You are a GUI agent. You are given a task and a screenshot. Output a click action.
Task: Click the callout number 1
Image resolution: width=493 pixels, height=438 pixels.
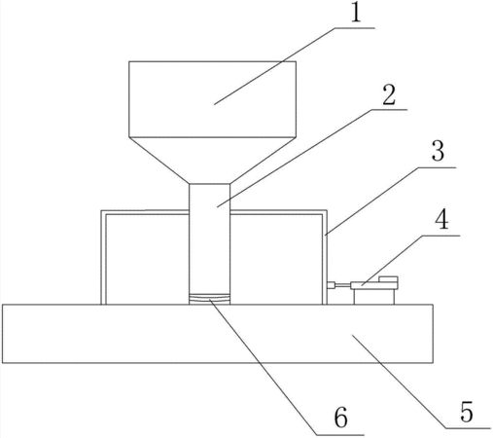tap(356, 14)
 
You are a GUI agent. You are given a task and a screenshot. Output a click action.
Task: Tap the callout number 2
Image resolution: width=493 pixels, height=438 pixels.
tap(389, 95)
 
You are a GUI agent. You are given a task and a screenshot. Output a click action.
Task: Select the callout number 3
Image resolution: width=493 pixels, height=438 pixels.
tap(438, 151)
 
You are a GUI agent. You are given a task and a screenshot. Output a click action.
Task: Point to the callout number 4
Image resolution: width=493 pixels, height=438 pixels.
tap(441, 220)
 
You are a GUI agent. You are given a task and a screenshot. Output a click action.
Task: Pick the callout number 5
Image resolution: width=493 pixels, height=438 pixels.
tap(467, 412)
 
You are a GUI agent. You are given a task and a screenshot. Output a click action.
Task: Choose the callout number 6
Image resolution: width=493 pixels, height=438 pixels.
tap(340, 418)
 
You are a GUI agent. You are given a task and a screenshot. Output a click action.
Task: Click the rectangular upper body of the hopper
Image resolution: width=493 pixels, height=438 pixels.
tap(212, 99)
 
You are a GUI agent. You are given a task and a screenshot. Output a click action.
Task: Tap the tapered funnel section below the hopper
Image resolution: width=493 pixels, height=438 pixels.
tap(211, 161)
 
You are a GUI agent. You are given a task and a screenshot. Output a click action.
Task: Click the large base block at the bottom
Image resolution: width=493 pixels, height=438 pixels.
tap(218, 334)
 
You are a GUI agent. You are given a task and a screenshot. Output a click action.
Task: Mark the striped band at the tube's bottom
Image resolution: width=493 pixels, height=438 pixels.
tap(210, 299)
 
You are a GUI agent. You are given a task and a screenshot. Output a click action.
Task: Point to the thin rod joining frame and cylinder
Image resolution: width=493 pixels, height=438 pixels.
tap(342, 285)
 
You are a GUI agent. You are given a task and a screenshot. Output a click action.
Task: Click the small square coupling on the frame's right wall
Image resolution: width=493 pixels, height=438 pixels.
tap(331, 285)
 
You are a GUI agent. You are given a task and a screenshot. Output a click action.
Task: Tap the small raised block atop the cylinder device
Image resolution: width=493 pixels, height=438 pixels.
tap(388, 279)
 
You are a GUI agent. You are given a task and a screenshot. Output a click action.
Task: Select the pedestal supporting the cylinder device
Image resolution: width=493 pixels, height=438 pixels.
tap(374, 297)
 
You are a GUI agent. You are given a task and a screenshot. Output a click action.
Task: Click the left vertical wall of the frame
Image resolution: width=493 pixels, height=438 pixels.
tap(103, 257)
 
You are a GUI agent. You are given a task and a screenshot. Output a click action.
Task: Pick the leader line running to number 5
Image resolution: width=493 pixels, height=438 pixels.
tap(422, 383)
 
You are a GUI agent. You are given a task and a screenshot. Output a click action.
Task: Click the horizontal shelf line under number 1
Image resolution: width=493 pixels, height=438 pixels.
tap(355, 28)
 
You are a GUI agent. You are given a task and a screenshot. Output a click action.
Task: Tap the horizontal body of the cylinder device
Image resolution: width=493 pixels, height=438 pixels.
tap(374, 286)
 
